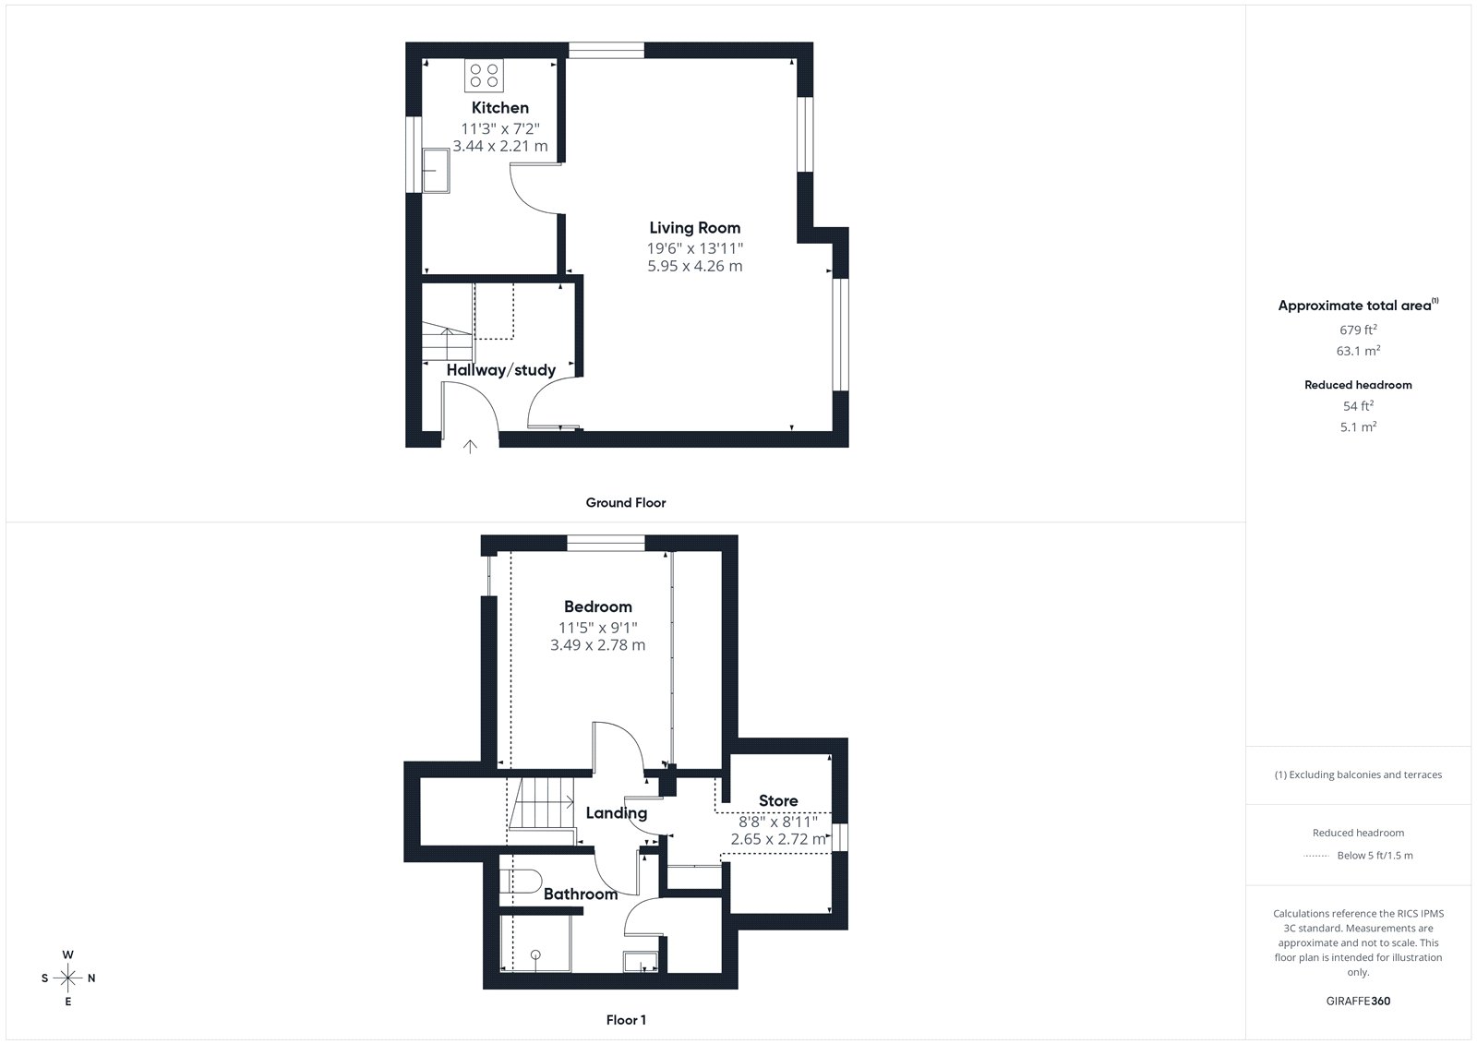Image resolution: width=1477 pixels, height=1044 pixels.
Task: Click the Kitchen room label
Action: pos(499,107)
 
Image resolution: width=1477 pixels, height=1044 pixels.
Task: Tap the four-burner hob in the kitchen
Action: pos(484,75)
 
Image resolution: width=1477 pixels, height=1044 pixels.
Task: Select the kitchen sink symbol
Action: pos(436,170)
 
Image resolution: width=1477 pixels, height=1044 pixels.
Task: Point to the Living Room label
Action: pos(695,227)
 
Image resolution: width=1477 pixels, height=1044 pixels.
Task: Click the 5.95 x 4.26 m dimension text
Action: pos(695,266)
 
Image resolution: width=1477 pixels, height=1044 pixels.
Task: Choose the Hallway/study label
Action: pos(501,370)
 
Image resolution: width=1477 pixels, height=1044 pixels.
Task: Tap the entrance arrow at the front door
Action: pos(470,447)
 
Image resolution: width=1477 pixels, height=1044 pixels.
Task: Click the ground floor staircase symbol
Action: pos(448,341)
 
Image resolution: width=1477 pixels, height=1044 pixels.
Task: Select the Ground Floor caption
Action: pos(626,502)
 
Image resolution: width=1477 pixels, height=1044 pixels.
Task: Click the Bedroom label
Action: pos(598,606)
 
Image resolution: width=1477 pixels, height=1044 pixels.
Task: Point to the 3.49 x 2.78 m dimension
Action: pos(598,645)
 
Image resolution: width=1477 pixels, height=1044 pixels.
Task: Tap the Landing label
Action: pos(617,813)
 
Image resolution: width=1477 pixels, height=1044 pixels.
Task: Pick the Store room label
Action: pos(778,800)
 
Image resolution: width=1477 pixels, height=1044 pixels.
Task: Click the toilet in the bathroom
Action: pos(521,882)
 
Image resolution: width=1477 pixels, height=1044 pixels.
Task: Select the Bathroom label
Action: pos(581,894)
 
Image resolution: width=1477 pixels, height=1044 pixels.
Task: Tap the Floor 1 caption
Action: pos(627,1020)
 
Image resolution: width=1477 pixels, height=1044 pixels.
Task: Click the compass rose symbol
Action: pos(68,978)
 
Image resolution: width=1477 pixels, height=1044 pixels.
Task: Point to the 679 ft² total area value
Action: pos(1358,330)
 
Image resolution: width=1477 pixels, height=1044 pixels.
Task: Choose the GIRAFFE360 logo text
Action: pos(1358,1001)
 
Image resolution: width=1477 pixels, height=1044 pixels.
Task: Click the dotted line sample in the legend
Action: pos(1316,856)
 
